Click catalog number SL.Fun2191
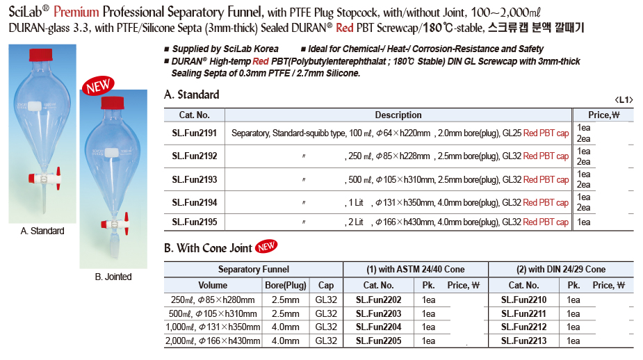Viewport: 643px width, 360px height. point(195,133)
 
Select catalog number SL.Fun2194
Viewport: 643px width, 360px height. point(195,202)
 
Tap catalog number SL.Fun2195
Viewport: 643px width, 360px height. point(195,222)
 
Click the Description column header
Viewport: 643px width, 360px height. point(398,115)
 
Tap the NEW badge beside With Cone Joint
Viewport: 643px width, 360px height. point(266,246)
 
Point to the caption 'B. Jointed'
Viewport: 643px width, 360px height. point(113,277)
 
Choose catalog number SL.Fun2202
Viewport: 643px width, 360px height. point(378,300)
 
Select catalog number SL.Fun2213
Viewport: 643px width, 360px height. point(523,341)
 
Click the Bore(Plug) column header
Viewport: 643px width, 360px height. point(285,285)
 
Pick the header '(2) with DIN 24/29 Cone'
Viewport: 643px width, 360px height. point(561,269)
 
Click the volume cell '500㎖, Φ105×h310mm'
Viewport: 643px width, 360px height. point(211,313)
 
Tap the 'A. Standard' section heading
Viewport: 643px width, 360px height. point(192,95)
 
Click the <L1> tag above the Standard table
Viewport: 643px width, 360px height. point(624,99)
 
